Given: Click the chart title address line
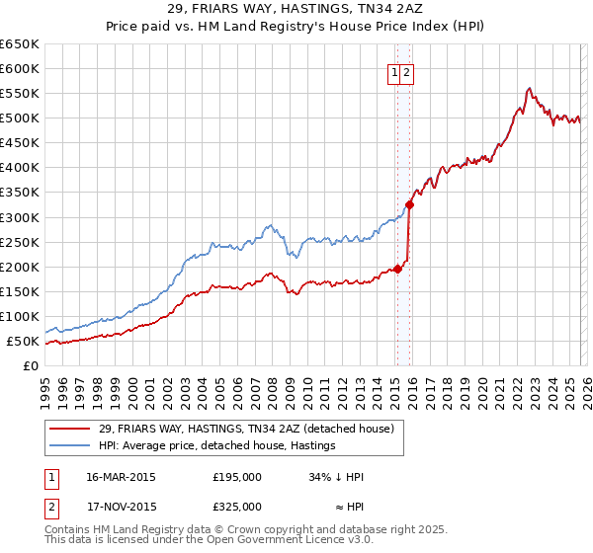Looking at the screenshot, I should click(296, 9).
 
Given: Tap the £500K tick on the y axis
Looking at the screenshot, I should click(19, 118).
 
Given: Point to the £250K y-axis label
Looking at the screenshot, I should click(19, 242).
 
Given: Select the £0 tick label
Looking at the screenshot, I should click(31, 366).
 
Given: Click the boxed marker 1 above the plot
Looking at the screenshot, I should click(394, 71).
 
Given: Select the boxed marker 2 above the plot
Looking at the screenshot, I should click(406, 71).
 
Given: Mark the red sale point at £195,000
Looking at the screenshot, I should click(397, 268).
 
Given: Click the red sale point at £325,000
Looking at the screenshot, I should click(409, 204).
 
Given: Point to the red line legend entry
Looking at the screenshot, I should click(246, 429).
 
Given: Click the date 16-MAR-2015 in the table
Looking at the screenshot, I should click(121, 477).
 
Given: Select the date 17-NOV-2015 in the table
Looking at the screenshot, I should click(121, 507).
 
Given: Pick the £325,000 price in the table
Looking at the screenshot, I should click(237, 507).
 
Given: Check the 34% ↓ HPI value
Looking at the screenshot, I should click(336, 477).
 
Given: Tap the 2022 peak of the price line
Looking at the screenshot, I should click(530, 88).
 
